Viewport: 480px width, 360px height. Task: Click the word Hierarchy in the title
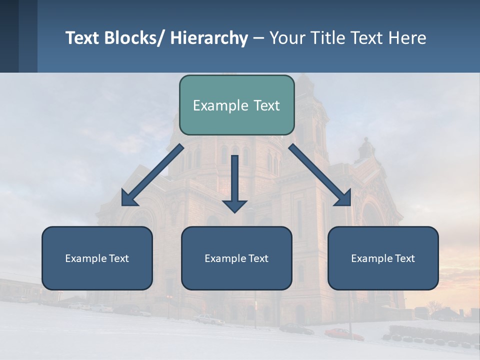(x=209, y=38)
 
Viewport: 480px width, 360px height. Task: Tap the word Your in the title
(x=286, y=38)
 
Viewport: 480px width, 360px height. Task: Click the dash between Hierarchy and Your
(x=258, y=38)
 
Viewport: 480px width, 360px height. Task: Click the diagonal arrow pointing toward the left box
(x=152, y=175)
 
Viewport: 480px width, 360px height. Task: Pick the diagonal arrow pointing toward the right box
(x=320, y=175)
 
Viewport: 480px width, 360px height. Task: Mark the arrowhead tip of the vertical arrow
(x=234, y=212)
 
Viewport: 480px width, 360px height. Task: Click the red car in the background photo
(x=344, y=334)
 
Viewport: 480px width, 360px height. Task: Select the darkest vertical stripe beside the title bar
(x=9, y=36)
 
